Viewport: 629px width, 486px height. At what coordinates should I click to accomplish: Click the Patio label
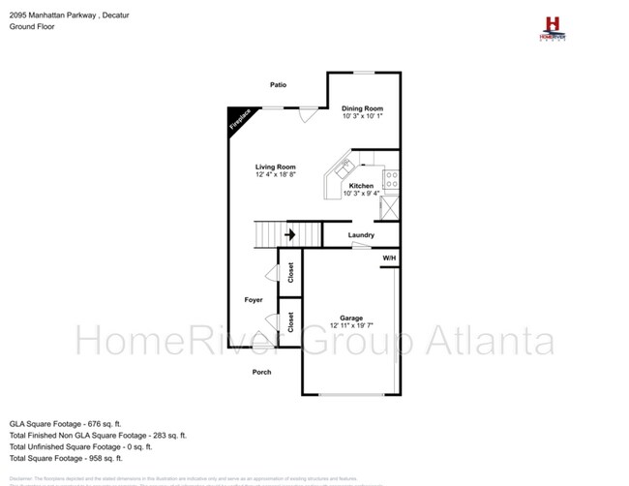coord(278,85)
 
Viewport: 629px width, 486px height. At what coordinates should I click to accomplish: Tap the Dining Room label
coord(362,108)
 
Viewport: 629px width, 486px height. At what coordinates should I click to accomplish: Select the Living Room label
coord(275,167)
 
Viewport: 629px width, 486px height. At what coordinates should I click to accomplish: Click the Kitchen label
coord(361,186)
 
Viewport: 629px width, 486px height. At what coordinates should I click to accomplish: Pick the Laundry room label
coord(361,235)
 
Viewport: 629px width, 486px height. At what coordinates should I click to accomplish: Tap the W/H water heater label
coord(389,258)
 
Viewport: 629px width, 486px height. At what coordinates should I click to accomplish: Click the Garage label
coord(350,318)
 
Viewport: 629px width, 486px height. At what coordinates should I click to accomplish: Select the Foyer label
coord(253,300)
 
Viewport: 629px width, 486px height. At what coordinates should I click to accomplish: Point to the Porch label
coord(261,372)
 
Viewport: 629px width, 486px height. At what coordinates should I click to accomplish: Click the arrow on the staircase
coord(289,234)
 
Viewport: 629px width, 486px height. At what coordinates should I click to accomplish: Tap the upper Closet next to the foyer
coord(290,274)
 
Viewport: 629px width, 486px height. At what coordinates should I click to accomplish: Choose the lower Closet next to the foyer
coord(290,321)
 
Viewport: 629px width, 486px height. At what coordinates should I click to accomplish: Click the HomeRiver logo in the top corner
coord(553,26)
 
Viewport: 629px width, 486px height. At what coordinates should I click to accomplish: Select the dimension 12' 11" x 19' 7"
coord(350,326)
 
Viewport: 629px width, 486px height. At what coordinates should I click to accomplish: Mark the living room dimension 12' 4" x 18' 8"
coord(275,175)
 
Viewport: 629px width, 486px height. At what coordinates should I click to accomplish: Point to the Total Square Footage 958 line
coord(68,459)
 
